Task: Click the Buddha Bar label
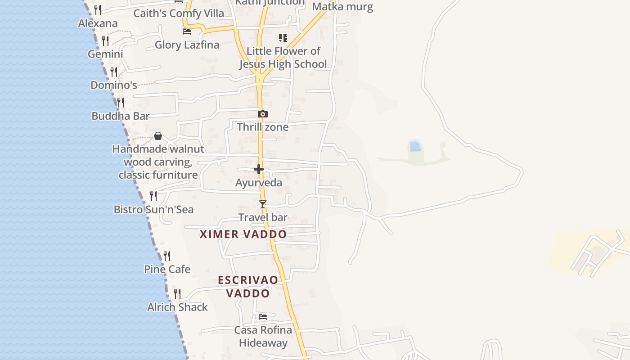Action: pyautogui.click(x=120, y=116)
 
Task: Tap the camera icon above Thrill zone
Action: pyautogui.click(x=263, y=114)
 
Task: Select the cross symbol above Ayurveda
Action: pyautogui.click(x=259, y=170)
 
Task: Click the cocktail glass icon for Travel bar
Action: pyautogui.click(x=263, y=204)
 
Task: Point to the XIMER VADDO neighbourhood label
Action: pyautogui.click(x=243, y=234)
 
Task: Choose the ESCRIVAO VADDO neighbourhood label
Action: pyautogui.click(x=248, y=287)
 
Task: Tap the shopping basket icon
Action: pyautogui.click(x=158, y=136)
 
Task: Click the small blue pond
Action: pyautogui.click(x=415, y=146)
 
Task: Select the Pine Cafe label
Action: pyautogui.click(x=167, y=270)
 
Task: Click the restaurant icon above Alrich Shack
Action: pyautogui.click(x=177, y=294)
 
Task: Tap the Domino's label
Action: pyautogui.click(x=113, y=85)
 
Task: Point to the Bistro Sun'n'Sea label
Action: pyautogui.click(x=153, y=210)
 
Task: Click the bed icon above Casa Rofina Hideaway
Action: pyautogui.click(x=263, y=317)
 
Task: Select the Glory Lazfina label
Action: pyautogui.click(x=187, y=45)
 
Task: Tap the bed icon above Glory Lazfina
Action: pyautogui.click(x=187, y=31)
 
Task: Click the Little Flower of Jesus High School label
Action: pyautogui.click(x=283, y=58)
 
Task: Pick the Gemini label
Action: pyautogui.click(x=105, y=54)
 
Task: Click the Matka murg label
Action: pyautogui.click(x=342, y=7)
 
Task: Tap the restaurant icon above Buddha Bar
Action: pyautogui.click(x=121, y=103)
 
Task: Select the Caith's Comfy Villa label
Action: pyautogui.click(x=179, y=13)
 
